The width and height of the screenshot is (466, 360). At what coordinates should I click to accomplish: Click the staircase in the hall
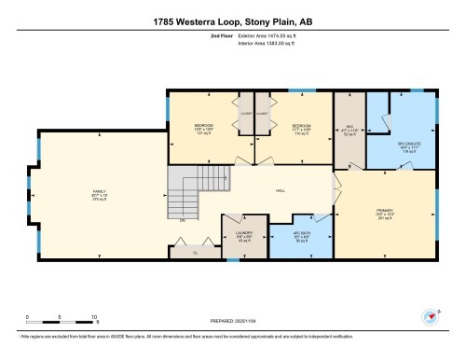[186, 191]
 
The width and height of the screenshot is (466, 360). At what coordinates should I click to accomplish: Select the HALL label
[280, 191]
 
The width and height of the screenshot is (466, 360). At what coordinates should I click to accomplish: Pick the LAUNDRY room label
[244, 238]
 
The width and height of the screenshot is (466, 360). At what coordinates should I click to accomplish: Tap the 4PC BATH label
[301, 238]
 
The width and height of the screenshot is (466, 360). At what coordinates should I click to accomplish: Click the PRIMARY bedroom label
[384, 213]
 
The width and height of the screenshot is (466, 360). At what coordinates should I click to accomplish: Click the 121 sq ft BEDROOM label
[204, 129]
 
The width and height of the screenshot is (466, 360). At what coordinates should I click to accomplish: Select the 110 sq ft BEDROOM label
[301, 129]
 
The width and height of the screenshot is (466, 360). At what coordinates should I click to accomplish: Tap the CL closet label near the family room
[194, 252]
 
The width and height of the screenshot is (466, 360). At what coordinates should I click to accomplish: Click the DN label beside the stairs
[183, 220]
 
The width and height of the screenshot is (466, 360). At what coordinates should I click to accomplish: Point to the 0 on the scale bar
[27, 317]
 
